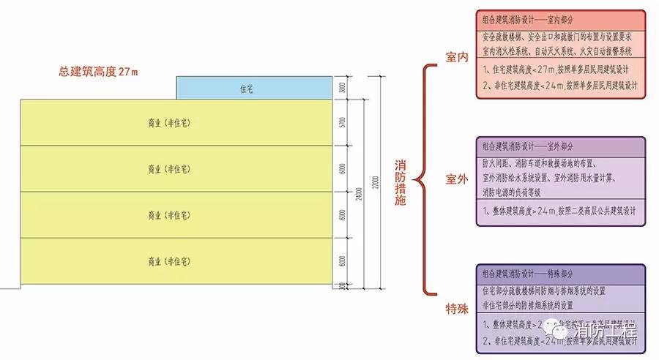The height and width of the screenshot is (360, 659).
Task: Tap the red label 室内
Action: click(456, 58)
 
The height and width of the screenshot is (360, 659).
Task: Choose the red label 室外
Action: click(456, 179)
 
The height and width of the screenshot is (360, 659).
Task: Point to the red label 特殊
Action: click(456, 310)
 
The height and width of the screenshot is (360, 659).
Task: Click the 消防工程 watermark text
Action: click(607, 330)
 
